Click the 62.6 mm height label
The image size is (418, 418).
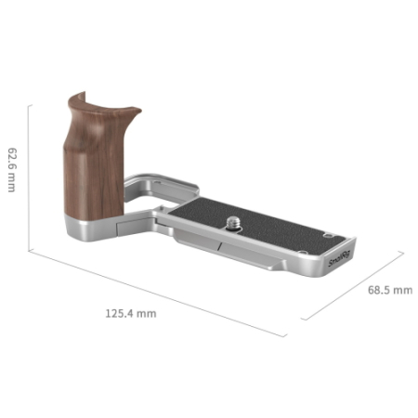[x=12, y=170]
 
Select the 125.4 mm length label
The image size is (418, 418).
[x=131, y=313]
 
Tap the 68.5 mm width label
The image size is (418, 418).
[x=390, y=290]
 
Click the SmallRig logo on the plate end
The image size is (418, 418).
[x=339, y=259]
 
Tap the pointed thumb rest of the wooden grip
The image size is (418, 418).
[x=135, y=111]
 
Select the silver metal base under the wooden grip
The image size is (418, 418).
[x=90, y=228]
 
